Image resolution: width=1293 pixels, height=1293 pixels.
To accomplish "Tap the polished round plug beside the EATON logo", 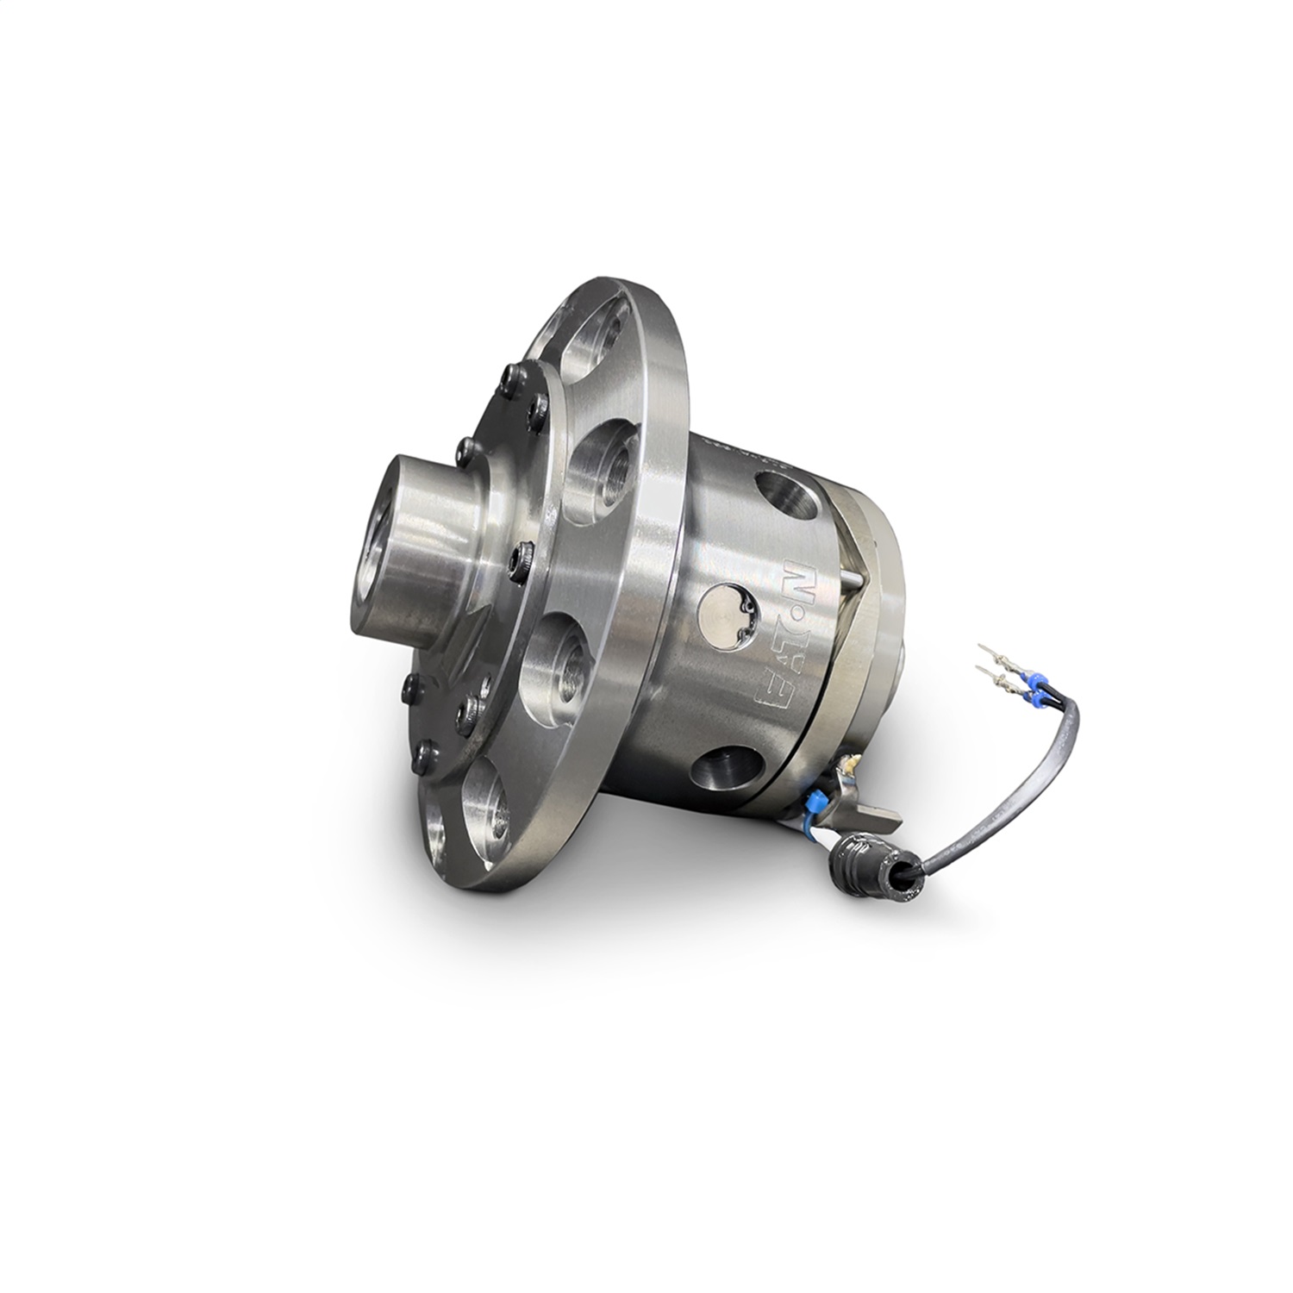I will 727,611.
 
